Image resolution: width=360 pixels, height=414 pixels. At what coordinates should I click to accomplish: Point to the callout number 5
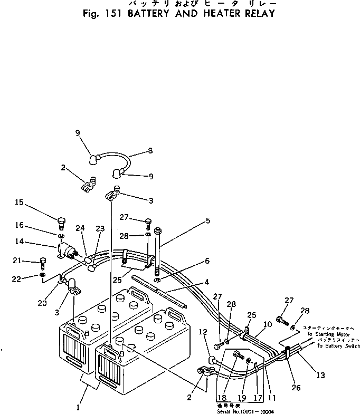coord(209,221)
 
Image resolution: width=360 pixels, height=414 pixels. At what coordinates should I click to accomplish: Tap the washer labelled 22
coord(43,275)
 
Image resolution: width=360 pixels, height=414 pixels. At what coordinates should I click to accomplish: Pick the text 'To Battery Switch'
coord(338,346)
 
